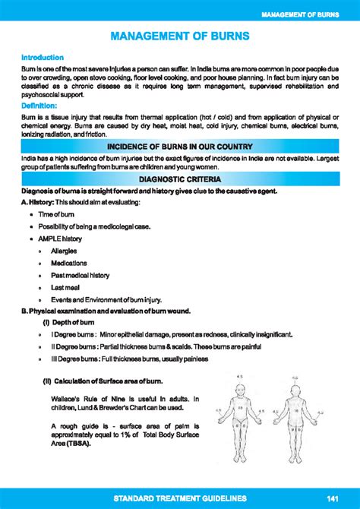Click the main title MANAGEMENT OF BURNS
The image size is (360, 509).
pos(179,36)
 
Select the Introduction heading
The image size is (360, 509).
pos(42,57)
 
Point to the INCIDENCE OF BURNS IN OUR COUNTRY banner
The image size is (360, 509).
pos(179,147)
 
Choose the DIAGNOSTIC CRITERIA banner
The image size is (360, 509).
pos(180,179)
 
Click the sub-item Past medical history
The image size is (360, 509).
pos(80,275)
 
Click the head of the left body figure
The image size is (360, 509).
pos(238,384)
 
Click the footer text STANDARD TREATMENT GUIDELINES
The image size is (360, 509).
pos(180,498)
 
